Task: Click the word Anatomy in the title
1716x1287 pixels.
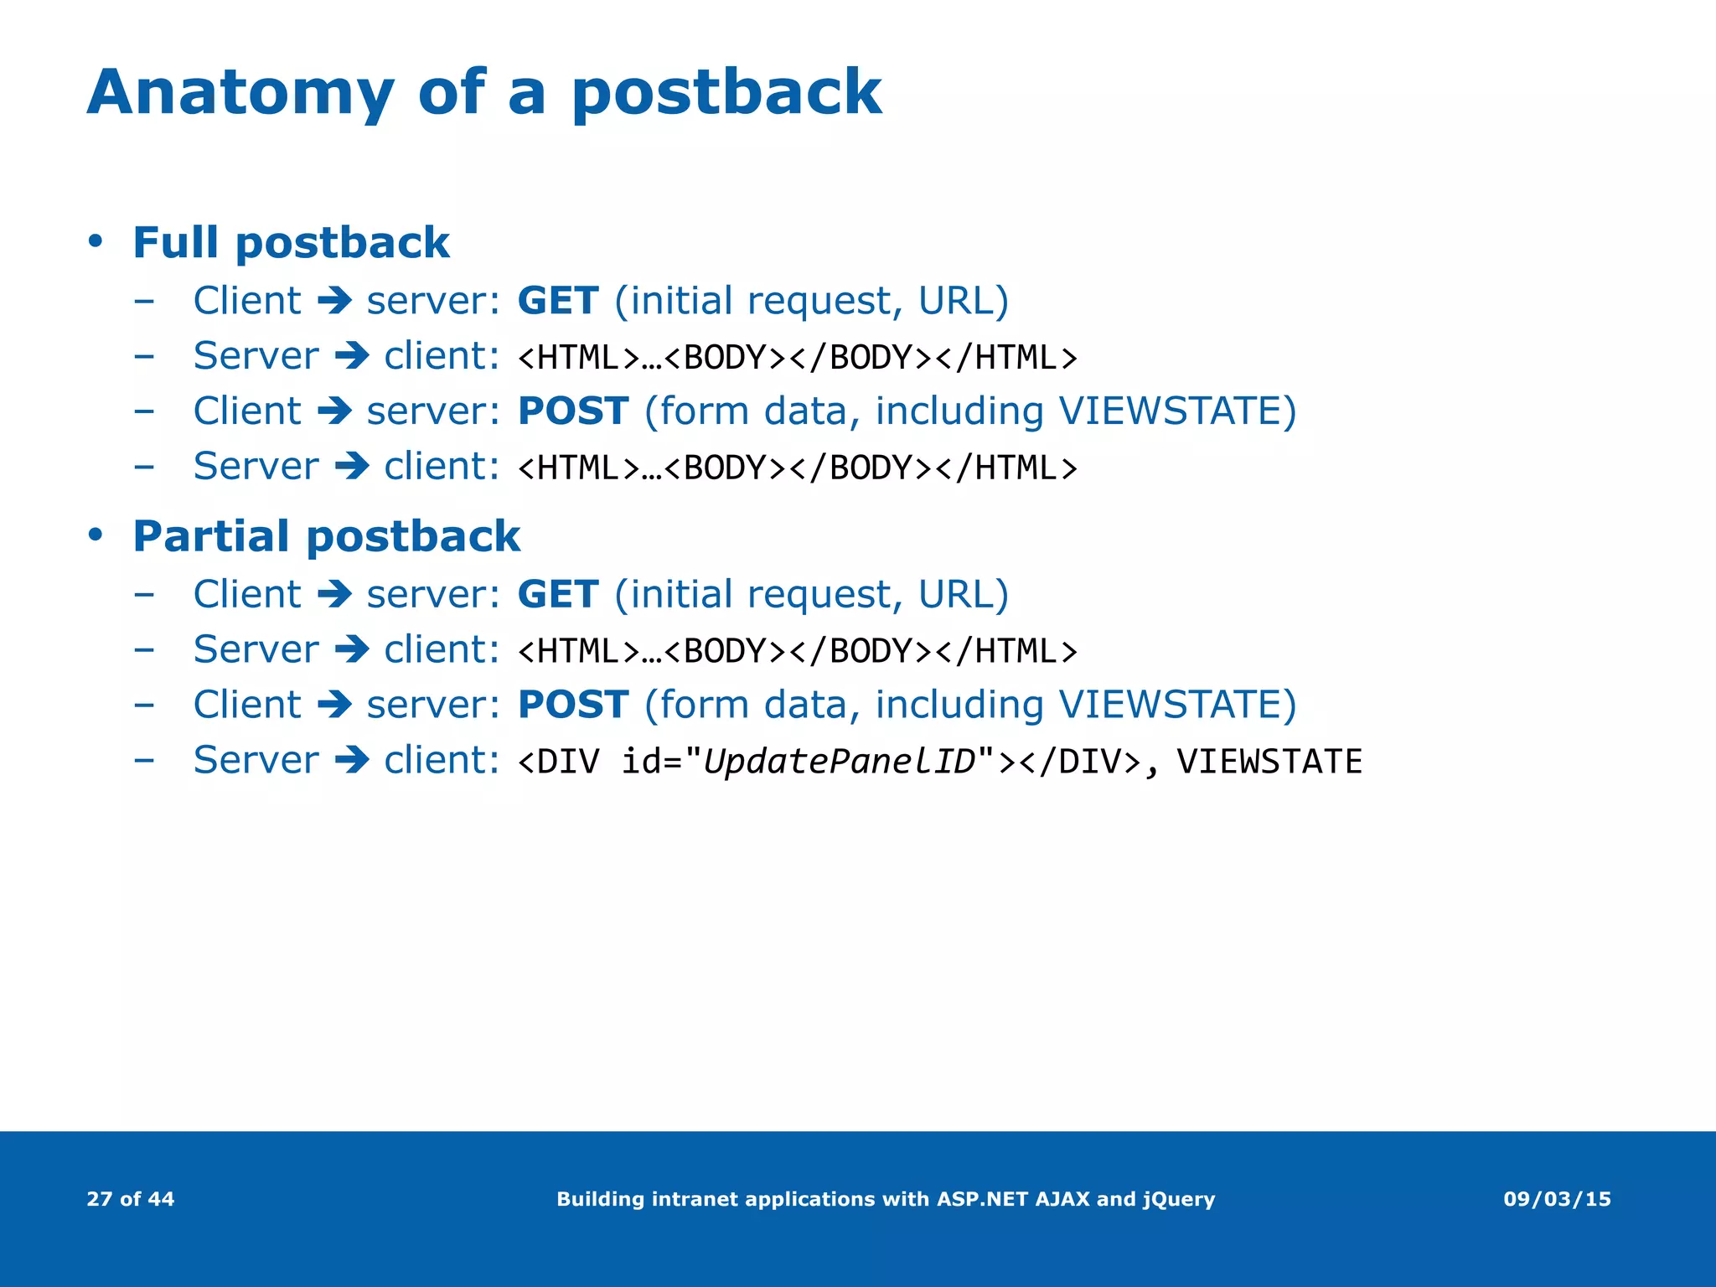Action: (x=240, y=94)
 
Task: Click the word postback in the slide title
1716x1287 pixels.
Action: (x=726, y=94)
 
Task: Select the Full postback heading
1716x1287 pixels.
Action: (x=291, y=243)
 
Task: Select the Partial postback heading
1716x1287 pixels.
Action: (x=326, y=536)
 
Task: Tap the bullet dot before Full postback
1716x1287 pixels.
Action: (x=96, y=242)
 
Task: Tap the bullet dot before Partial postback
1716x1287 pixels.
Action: (x=96, y=535)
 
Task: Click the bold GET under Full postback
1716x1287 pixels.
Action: (x=558, y=301)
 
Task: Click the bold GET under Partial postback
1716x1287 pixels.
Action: (x=558, y=595)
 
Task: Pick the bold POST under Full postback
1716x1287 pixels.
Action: (x=573, y=411)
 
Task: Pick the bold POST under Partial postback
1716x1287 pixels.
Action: (x=573, y=705)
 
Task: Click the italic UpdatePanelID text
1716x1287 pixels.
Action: (x=840, y=762)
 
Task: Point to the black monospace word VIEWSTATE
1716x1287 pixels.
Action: (x=1269, y=762)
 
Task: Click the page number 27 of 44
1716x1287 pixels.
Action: (x=131, y=1199)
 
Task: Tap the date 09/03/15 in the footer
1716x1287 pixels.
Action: (x=1557, y=1199)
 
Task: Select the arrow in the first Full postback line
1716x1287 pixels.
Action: (x=334, y=301)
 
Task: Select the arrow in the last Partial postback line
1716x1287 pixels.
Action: (x=352, y=761)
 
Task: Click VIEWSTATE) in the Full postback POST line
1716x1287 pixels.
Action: (x=1177, y=411)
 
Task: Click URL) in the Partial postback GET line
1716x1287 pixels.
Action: (x=964, y=595)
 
